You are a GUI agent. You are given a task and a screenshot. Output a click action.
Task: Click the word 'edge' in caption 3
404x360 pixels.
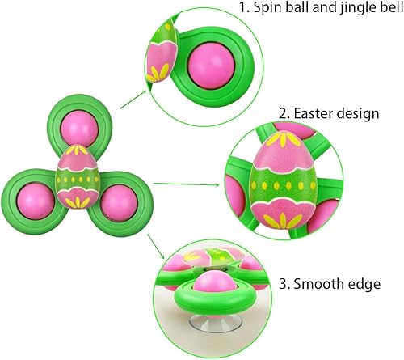click(364, 284)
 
